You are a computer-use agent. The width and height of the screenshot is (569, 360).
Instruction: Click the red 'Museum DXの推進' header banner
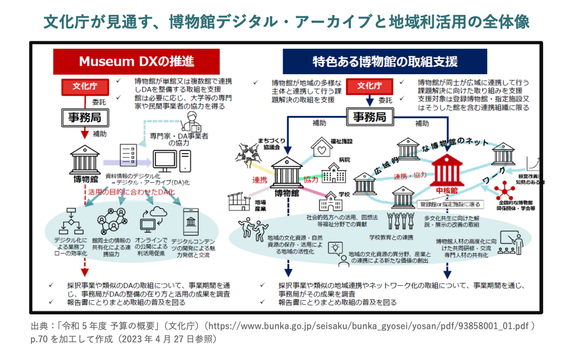[x=136, y=61]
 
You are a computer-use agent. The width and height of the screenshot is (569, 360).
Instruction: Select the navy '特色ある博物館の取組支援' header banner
[x=384, y=61]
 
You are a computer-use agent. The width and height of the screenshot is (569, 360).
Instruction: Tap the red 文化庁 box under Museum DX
[x=85, y=87]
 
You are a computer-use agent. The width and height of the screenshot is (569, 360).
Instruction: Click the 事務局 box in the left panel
[x=85, y=117]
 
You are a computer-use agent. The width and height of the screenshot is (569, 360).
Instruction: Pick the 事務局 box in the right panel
[x=369, y=117]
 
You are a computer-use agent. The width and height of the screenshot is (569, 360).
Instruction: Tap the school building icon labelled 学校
[x=331, y=202]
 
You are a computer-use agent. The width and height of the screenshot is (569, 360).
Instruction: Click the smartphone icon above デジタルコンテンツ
[x=191, y=222]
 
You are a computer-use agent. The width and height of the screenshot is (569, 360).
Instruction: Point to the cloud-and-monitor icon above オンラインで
[x=153, y=219]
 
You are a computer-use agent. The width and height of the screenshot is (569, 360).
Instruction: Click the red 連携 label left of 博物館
[x=260, y=180]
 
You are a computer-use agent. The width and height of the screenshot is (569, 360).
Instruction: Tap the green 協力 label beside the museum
[x=311, y=179]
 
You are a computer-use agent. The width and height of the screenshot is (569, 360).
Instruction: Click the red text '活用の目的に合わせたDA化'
[x=131, y=192]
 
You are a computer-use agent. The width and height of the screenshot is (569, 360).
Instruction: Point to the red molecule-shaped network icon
[x=505, y=190]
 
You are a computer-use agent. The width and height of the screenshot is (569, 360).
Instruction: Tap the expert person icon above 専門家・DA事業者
[x=192, y=121]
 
